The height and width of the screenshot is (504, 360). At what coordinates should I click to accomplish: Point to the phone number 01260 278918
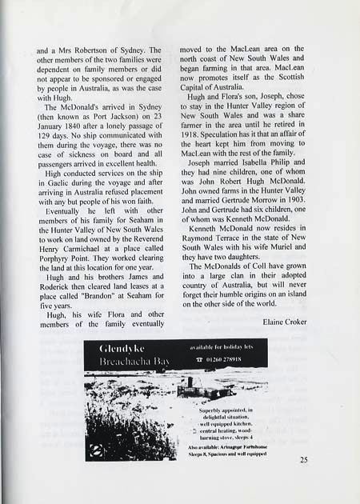(226, 360)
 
